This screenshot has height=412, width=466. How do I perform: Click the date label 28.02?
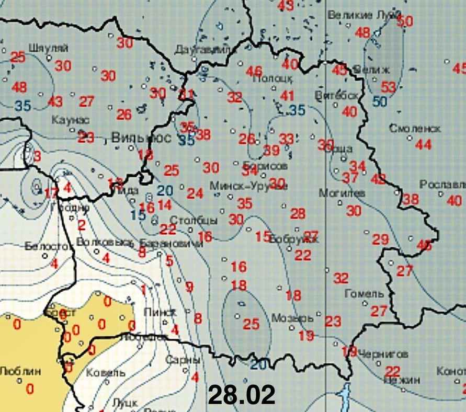tap(242, 395)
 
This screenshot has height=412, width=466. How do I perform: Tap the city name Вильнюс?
tap(142, 139)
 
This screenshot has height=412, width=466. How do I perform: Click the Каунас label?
tap(71, 120)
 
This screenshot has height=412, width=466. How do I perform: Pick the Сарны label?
tap(183, 360)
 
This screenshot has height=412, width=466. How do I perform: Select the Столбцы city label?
tap(194, 219)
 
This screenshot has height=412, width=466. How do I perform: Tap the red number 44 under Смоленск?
tap(424, 144)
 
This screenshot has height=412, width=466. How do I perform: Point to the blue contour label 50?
tap(380, 101)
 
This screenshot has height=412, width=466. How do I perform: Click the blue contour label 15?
tap(138, 214)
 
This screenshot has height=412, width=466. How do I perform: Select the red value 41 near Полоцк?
tap(287, 96)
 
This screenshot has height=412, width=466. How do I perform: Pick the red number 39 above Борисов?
tap(271, 151)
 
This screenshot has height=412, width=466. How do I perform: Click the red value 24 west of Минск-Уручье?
tap(195, 193)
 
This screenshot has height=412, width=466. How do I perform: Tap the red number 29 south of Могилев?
tap(380, 239)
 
